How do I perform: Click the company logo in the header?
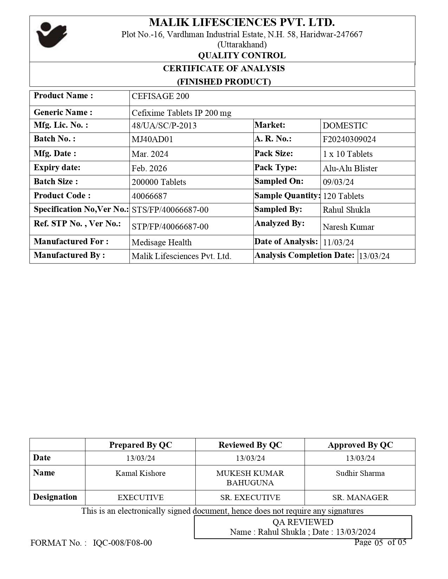point(52,35)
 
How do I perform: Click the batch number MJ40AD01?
point(152,139)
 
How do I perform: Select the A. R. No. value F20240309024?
point(349,139)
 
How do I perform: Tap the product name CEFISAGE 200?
point(160,96)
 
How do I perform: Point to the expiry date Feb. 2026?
point(149,168)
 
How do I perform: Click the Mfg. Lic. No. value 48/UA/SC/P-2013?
point(164,126)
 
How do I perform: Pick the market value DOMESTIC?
point(345,126)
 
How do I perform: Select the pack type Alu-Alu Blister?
point(350,168)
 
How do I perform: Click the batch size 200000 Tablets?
point(159,182)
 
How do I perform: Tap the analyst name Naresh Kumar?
point(349,227)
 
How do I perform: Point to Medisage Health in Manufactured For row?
point(162,242)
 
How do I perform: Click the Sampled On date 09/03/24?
point(338,182)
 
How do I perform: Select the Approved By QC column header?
point(360,445)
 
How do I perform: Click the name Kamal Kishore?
point(141,473)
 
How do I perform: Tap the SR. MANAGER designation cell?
point(360,498)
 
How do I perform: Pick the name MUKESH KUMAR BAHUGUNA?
point(250,478)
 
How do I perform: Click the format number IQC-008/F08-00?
point(123,543)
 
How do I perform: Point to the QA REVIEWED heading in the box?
point(303,522)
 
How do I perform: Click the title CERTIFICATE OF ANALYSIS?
point(224,68)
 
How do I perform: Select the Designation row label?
point(55,497)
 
